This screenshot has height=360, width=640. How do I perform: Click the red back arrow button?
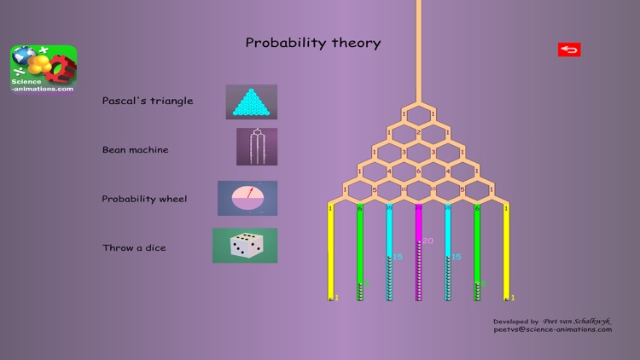pyautogui.click(x=569, y=49)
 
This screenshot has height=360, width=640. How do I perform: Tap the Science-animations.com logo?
pyautogui.click(x=44, y=69)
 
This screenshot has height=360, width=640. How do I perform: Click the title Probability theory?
pyautogui.click(x=313, y=43)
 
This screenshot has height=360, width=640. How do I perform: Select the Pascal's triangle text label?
pyautogui.click(x=148, y=101)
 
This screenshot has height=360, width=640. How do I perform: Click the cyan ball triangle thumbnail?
pyautogui.click(x=252, y=102)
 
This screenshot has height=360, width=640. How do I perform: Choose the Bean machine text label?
pyautogui.click(x=136, y=150)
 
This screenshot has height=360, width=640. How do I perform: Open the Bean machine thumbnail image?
pyautogui.click(x=257, y=146)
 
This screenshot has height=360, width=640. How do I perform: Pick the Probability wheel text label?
pyautogui.click(x=144, y=199)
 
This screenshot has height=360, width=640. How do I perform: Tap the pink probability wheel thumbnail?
pyautogui.click(x=247, y=198)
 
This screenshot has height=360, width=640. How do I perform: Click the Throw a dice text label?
pyautogui.click(x=134, y=248)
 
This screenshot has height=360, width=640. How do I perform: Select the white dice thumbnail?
pyautogui.click(x=245, y=246)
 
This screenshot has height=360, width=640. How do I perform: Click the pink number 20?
pyautogui.click(x=428, y=241)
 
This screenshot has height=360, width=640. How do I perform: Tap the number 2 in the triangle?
pyautogui.click(x=418, y=133)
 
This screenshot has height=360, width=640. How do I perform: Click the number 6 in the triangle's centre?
pyautogui.click(x=418, y=171)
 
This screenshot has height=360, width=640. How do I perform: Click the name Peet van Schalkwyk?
pyautogui.click(x=577, y=321)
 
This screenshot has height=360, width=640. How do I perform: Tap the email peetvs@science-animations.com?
pyautogui.click(x=552, y=329)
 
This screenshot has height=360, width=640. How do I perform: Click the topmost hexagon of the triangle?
pyautogui.click(x=418, y=113)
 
